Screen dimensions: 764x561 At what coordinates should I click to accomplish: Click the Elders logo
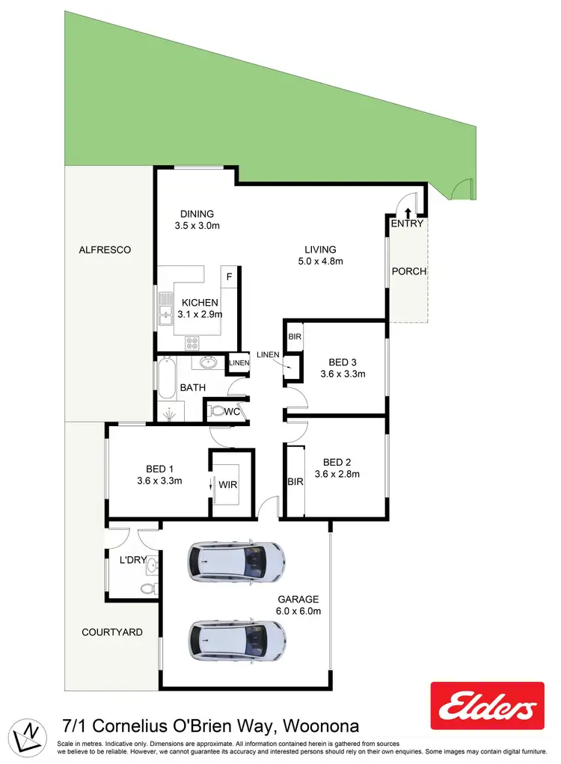click(487, 706)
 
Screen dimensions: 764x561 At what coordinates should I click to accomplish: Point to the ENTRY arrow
click(408, 212)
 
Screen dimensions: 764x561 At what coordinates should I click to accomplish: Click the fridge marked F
click(230, 277)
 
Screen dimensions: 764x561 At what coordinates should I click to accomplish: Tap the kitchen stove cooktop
click(191, 344)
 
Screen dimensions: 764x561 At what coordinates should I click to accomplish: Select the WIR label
click(228, 485)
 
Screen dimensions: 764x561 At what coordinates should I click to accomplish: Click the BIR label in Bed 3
click(295, 337)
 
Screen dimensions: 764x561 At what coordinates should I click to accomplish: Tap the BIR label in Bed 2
click(295, 482)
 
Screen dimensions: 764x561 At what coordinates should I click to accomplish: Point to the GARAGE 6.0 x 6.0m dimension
click(299, 611)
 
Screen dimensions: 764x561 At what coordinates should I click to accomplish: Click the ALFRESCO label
click(105, 250)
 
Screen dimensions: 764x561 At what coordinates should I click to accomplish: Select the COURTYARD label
click(112, 632)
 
